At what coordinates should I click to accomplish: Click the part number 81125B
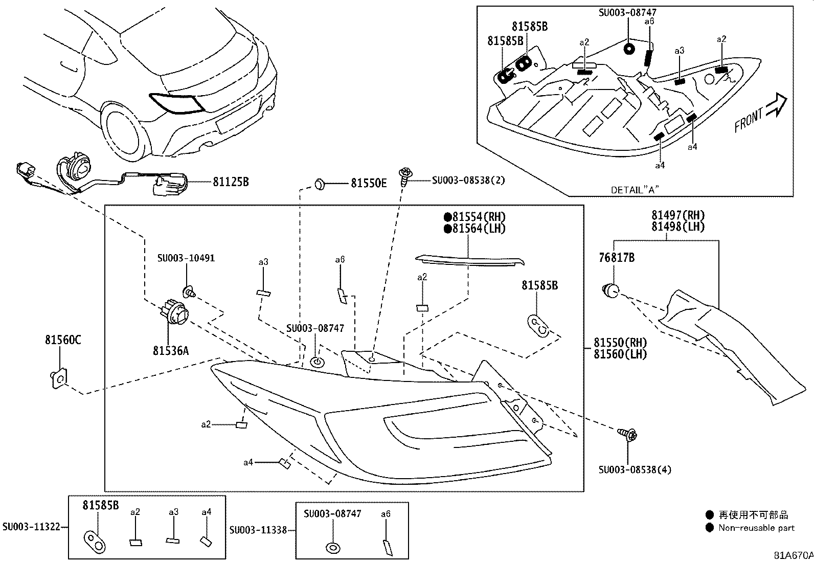tap(231, 182)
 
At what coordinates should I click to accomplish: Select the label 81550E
tap(368, 183)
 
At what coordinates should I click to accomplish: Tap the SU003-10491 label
tap(186, 258)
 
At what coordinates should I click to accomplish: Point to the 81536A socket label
tap(171, 350)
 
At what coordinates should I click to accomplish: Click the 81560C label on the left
tap(62, 340)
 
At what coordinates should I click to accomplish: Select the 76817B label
tap(616, 258)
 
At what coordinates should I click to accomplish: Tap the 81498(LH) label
tap(677, 227)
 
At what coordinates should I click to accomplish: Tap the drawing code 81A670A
tap(793, 555)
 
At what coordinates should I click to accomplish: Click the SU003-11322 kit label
tap(31, 526)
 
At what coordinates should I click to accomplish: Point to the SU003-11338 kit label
tap(258, 530)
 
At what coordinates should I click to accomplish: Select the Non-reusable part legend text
tap(756, 528)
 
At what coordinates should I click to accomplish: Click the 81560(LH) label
tap(620, 353)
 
